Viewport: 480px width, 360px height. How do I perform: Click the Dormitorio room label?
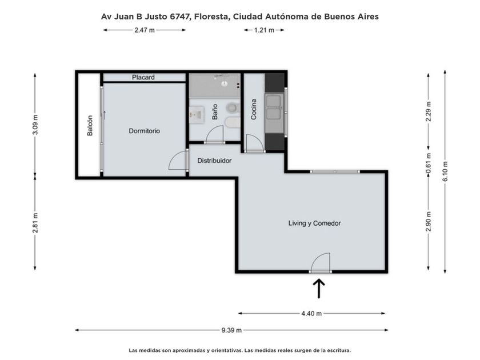(144, 131)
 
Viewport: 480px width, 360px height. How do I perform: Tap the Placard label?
(143, 78)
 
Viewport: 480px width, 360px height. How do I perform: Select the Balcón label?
(90, 126)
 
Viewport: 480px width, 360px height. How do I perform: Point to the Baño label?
(215, 112)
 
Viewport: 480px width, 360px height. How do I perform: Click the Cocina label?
(254, 109)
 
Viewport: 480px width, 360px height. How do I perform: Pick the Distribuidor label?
(214, 161)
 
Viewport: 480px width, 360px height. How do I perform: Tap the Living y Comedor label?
(314, 223)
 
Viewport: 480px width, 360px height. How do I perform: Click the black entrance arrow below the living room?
(319, 288)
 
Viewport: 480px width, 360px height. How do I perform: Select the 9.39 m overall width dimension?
(231, 330)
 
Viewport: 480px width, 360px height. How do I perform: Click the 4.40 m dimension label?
(311, 314)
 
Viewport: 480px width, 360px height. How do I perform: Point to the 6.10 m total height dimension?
(445, 171)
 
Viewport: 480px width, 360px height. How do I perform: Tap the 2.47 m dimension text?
(145, 30)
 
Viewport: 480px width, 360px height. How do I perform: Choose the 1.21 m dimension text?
(264, 30)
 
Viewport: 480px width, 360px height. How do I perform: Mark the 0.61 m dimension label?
(429, 163)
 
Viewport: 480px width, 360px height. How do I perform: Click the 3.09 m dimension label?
(35, 125)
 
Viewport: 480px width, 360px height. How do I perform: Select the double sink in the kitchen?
(275, 107)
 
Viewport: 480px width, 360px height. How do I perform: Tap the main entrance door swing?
(321, 262)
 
